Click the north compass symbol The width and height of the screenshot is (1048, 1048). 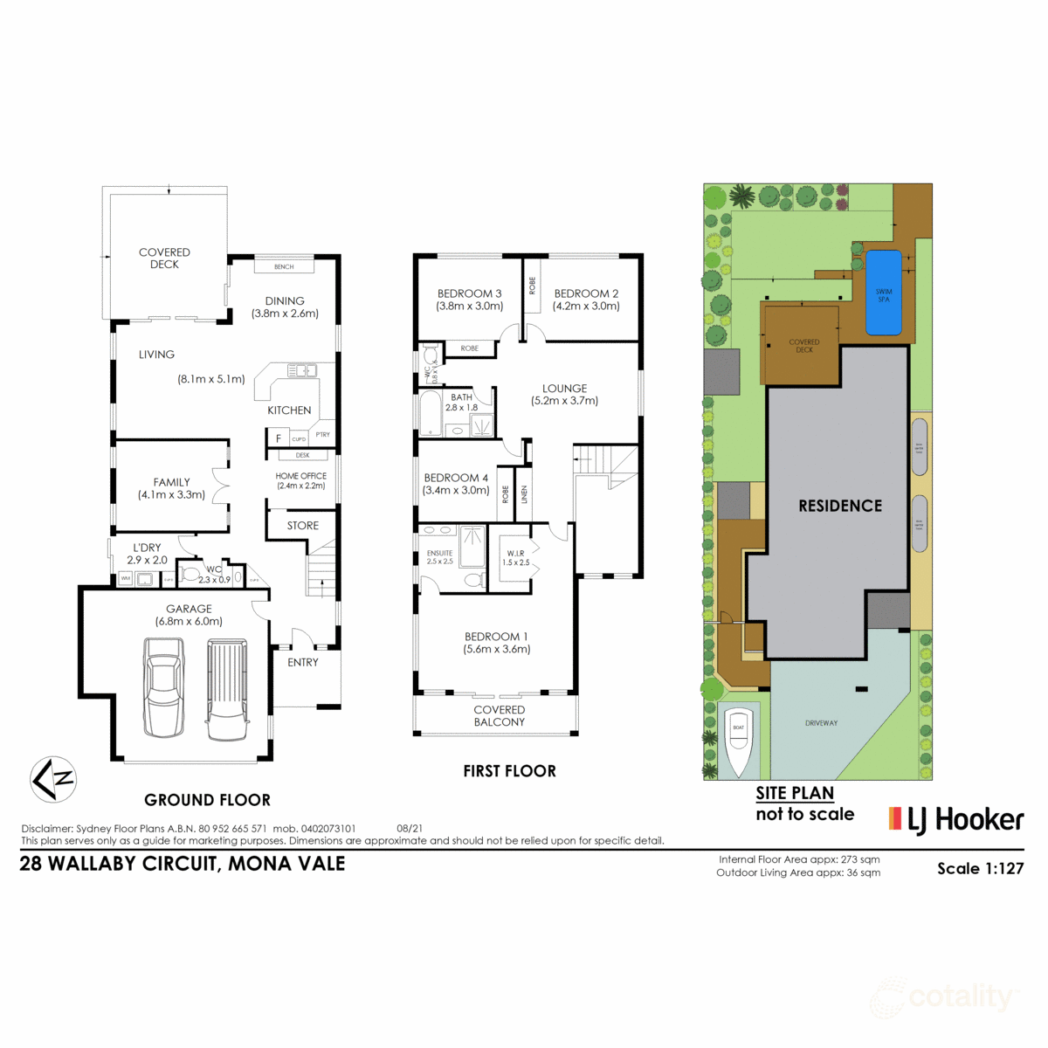53,778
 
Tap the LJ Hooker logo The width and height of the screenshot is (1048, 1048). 955,819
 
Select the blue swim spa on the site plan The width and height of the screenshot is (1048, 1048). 884,293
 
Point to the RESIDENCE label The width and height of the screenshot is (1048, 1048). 840,506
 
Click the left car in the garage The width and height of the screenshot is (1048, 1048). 164,687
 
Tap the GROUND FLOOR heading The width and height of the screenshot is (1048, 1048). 207,800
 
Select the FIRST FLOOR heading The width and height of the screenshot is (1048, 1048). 509,771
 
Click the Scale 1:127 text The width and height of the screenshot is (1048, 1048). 980,868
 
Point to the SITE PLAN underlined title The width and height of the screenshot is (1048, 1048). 795,793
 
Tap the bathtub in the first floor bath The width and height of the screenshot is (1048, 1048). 431,414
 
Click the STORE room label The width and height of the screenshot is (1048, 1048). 303,526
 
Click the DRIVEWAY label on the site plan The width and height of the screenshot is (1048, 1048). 821,723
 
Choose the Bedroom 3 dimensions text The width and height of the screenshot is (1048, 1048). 470,307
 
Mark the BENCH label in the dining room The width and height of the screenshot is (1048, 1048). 284,267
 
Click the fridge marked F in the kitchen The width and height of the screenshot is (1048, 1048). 279,438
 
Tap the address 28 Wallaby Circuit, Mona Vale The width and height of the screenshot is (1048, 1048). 183,864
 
